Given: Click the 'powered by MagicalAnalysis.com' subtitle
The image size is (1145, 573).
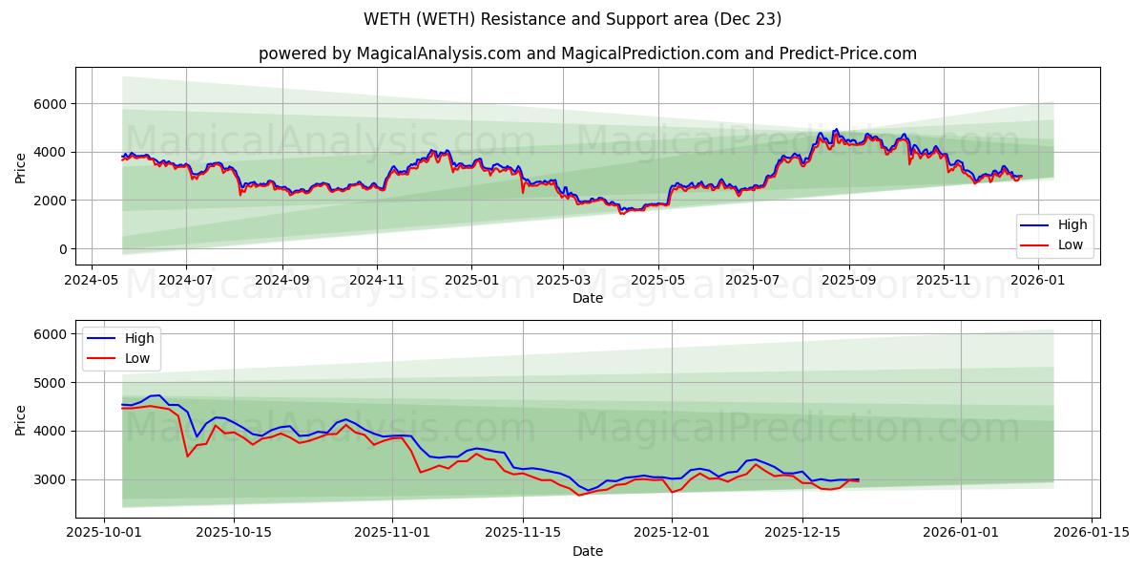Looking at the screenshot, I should (587, 53).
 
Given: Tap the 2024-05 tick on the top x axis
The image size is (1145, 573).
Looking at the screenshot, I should (91, 281).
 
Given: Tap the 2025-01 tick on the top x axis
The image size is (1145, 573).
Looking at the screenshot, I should (471, 281).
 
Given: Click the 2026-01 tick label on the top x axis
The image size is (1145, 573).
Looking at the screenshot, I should (1037, 281).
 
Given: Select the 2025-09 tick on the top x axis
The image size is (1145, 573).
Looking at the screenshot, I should (848, 281).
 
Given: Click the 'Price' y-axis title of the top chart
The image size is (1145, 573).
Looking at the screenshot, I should (21, 168).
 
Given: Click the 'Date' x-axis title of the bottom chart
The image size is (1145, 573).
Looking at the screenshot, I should (587, 551).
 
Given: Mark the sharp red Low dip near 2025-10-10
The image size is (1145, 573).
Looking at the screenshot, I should (187, 456).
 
